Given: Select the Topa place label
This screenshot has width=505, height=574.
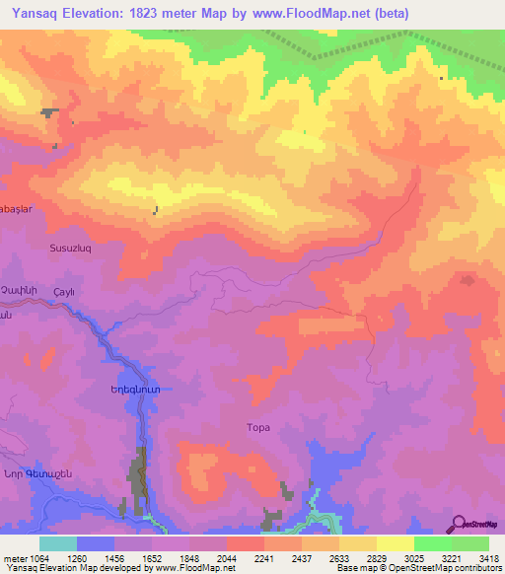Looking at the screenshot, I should click(256, 427).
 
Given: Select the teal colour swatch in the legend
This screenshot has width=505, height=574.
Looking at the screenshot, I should click(57, 543).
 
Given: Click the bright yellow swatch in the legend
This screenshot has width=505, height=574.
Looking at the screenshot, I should click(395, 543).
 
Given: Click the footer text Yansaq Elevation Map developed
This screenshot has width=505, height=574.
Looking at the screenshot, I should click(74, 568).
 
